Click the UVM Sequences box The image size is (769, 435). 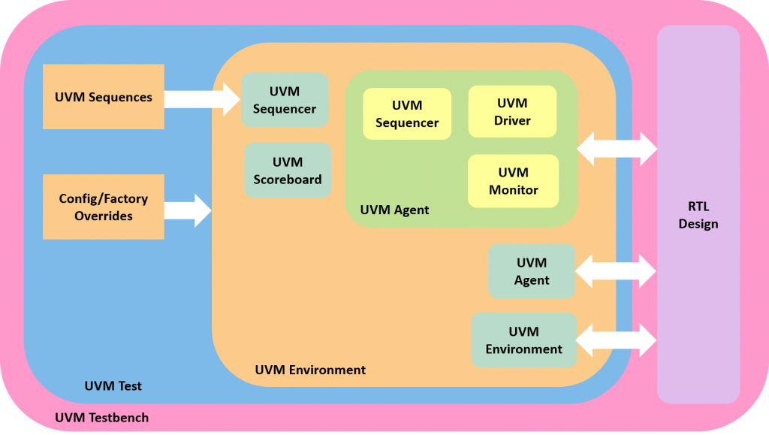[x=104, y=97]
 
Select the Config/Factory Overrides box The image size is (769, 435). [x=104, y=207]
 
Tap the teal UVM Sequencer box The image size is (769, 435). [x=285, y=100]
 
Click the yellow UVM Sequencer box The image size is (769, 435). [x=407, y=113]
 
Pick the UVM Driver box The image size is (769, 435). [x=512, y=111]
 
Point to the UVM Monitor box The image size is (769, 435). [x=514, y=181]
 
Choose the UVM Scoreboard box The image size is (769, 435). [x=288, y=171]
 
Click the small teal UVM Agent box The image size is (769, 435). [x=532, y=271]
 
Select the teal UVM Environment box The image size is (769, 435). [x=523, y=340]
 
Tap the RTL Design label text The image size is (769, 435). [x=698, y=215]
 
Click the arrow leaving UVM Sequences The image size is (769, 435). [x=202, y=99]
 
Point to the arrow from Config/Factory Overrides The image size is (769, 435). [x=188, y=210]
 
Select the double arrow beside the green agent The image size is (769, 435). [x=617, y=149]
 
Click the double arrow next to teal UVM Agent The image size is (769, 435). [x=616, y=271]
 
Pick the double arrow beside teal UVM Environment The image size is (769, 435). [x=617, y=340]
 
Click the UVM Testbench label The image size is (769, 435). [x=101, y=418]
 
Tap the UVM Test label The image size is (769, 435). [x=113, y=386]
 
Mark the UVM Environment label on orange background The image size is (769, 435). [x=310, y=370]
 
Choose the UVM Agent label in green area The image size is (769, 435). [x=394, y=210]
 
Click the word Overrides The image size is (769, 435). [x=104, y=216]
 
